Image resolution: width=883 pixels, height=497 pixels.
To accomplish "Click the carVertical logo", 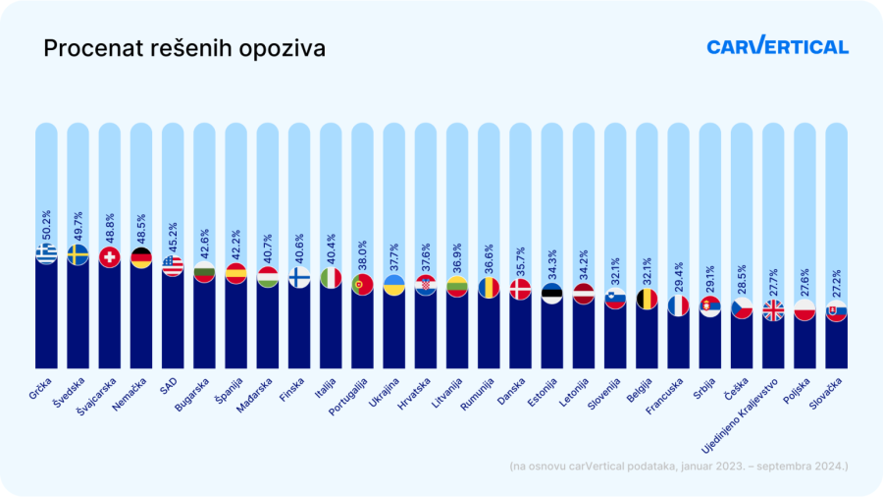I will [777, 46].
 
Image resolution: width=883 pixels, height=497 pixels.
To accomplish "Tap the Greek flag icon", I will [46, 253].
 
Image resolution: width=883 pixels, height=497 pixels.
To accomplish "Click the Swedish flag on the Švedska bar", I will [78, 255].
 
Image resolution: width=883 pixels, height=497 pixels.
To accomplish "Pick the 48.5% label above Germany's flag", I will [141, 226].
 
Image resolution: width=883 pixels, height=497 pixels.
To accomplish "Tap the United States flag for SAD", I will [173, 265].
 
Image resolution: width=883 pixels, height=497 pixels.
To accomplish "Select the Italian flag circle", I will [331, 279].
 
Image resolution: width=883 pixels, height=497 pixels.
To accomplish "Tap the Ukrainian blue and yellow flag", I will [393, 286].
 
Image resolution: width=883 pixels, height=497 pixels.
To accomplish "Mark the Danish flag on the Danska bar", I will [520, 289].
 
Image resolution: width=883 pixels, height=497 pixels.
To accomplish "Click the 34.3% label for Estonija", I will [552, 262].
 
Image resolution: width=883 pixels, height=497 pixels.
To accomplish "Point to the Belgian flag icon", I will [647, 299].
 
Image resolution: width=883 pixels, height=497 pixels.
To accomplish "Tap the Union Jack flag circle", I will [773, 310].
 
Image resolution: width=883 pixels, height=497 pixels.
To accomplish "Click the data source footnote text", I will [679, 465].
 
